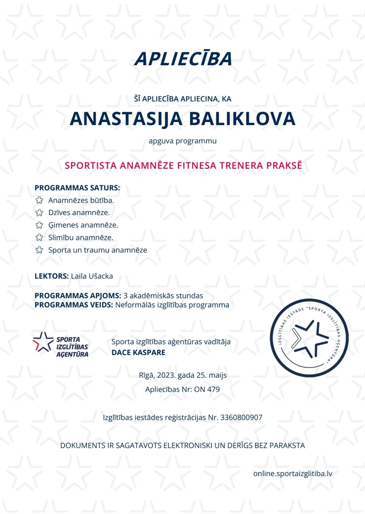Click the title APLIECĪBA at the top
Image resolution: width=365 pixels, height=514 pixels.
183,59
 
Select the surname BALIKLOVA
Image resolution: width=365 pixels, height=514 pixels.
242,119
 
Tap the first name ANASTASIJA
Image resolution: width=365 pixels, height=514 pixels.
126,119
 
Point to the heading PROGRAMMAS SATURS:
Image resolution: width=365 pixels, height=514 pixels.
77,188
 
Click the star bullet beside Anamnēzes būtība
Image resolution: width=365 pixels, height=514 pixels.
39,200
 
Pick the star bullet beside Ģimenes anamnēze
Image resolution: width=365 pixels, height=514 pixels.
39,225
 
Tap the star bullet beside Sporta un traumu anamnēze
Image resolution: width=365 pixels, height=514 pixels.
39,250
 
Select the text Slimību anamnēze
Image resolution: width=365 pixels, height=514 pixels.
81,237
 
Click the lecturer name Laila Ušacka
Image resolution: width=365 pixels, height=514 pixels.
92,276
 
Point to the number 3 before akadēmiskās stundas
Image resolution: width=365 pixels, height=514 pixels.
125,296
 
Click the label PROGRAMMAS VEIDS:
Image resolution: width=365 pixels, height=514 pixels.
74,305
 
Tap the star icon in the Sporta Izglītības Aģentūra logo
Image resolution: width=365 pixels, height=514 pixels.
42,342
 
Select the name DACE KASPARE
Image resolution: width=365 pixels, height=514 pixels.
138,352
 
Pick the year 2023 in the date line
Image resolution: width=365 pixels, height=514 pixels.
166,375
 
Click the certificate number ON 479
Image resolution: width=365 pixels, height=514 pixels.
207,389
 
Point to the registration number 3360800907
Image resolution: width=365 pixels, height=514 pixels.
241,417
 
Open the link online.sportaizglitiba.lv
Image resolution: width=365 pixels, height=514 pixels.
293,473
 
